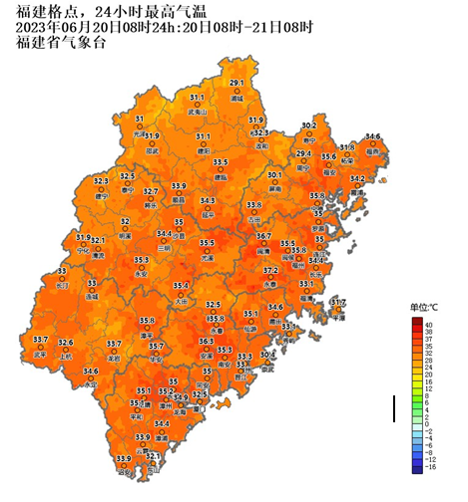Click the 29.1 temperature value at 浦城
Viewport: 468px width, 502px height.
click(236, 83)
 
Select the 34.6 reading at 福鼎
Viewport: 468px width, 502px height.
click(373, 136)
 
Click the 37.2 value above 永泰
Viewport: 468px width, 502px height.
click(270, 270)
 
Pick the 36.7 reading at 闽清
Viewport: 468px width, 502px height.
click(263, 236)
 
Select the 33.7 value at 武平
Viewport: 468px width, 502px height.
click(41, 340)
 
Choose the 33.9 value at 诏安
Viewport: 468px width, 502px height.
click(123, 458)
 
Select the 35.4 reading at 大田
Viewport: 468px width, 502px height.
click(181, 285)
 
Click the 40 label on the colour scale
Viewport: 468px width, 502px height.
click(428, 325)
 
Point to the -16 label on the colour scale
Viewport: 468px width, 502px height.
click(428, 466)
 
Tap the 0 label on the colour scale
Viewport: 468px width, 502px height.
click(428, 419)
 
